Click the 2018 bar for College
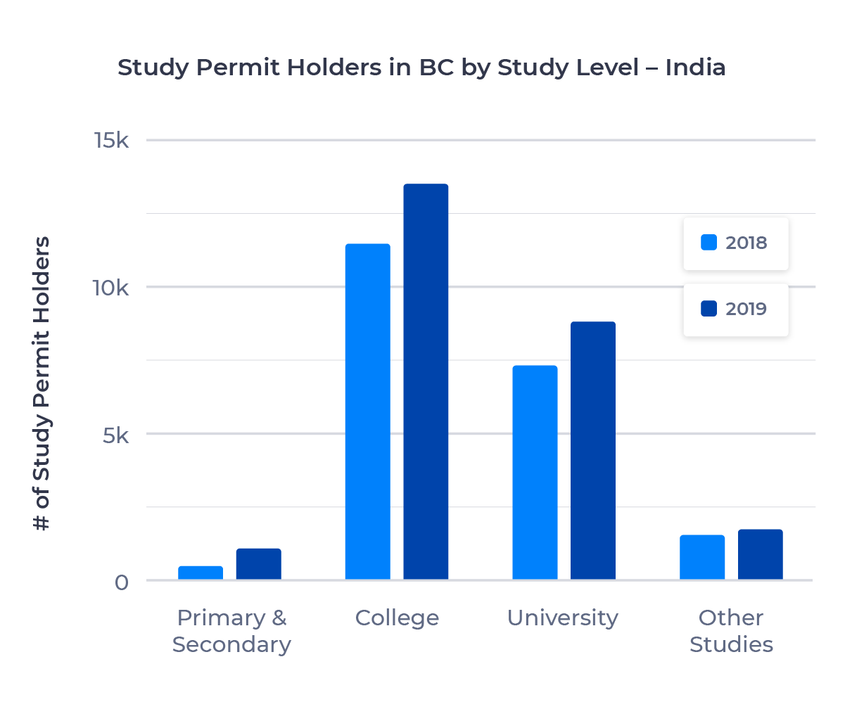pyautogui.click(x=367, y=411)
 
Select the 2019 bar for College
pyautogui.click(x=426, y=382)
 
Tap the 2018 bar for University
pyautogui.click(x=535, y=473)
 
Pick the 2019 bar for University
pyautogui.click(x=593, y=451)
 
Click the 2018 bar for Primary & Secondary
pyautogui.click(x=201, y=573)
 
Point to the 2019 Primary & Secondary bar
pyautogui.click(x=258, y=564)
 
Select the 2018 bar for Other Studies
pyautogui.click(x=702, y=557)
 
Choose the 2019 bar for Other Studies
pyautogui.click(x=761, y=554)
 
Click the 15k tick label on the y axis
pyautogui.click(x=111, y=141)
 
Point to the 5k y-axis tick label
pyautogui.click(x=115, y=435)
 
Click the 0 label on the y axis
pyautogui.click(x=122, y=582)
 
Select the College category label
pyautogui.click(x=397, y=618)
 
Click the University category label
pyautogui.click(x=563, y=618)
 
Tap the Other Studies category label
pyautogui.click(x=731, y=631)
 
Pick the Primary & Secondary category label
pyautogui.click(x=231, y=631)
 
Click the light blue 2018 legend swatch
pyautogui.click(x=709, y=243)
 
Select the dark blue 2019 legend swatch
pyautogui.click(x=709, y=309)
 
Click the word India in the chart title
pyautogui.click(x=695, y=68)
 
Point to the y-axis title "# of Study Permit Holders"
pyautogui.click(x=43, y=383)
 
